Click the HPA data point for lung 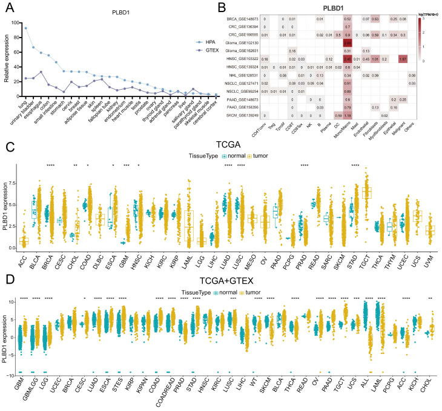pos(25,28)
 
